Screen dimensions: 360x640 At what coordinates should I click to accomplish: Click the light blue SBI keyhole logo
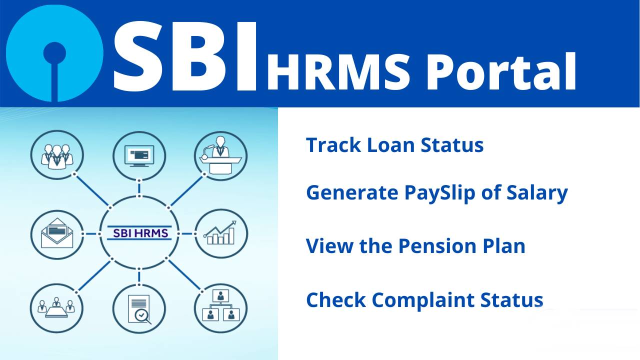pyautogui.click(x=54, y=53)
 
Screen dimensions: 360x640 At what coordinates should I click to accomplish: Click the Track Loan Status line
pyautogui.click(x=394, y=145)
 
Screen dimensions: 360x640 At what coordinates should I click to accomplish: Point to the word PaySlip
pyautogui.click(x=440, y=193)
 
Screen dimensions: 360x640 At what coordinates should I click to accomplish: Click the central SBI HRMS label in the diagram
pyautogui.click(x=139, y=233)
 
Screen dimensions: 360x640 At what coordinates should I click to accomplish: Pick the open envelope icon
pyautogui.click(x=56, y=233)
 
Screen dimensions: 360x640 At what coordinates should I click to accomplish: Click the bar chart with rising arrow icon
pyautogui.click(x=220, y=233)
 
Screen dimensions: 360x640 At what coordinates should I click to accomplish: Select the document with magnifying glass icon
pyautogui.click(x=139, y=308)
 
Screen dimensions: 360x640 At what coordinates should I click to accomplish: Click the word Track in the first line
pyautogui.click(x=333, y=145)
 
